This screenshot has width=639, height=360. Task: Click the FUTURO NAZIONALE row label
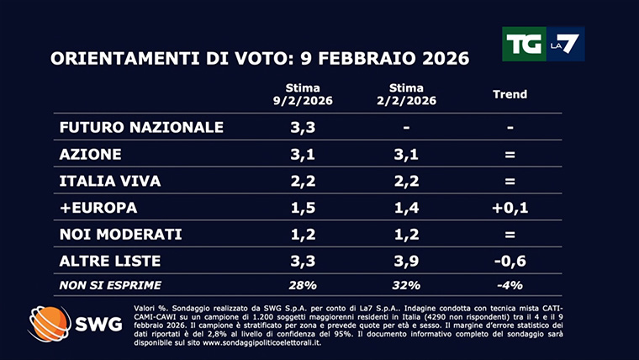pos(141,128)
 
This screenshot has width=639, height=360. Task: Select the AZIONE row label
pos(91,155)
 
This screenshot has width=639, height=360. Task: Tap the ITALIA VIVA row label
pos(109,181)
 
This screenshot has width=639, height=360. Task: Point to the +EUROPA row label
pos(98,207)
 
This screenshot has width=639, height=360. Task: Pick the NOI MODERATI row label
pos(121,233)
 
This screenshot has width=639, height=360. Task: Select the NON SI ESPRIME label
pos(110,284)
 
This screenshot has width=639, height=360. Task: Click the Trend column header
pos(510,94)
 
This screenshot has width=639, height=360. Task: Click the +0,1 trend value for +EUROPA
pos(510,207)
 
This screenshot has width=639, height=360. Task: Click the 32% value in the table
pos(406,284)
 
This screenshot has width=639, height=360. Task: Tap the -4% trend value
pos(510,284)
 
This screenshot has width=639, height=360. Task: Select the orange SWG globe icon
pos(49,324)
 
